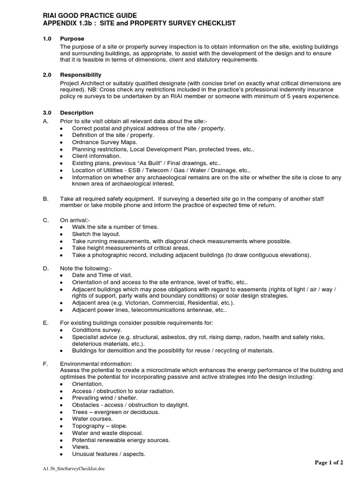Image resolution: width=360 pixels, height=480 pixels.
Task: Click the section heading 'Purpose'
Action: click(x=72, y=38)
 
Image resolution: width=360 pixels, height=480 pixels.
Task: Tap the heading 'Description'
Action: click(x=76, y=112)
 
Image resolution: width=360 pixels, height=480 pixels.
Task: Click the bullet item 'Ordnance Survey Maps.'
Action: click(x=105, y=142)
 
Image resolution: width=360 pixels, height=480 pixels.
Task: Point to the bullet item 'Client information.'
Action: click(x=96, y=156)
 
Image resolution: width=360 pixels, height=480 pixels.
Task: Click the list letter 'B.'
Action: click(x=45, y=199)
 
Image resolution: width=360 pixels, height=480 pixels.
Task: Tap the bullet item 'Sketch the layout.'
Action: click(x=96, y=233)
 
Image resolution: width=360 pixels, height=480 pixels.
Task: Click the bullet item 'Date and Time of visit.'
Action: click(x=102, y=275)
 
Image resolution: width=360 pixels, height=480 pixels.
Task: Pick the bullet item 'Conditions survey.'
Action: click(x=97, y=330)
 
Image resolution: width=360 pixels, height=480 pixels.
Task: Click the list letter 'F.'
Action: click(x=45, y=364)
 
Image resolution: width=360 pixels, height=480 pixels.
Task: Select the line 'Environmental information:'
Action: click(x=96, y=364)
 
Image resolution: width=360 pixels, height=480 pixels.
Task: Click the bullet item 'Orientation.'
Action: click(x=88, y=384)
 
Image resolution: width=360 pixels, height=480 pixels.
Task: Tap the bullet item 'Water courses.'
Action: click(x=92, y=419)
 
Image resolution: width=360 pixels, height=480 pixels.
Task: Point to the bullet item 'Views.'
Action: click(x=81, y=447)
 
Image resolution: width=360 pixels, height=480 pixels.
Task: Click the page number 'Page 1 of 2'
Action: click(x=329, y=463)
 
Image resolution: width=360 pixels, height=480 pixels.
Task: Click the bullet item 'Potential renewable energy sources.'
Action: click(x=121, y=440)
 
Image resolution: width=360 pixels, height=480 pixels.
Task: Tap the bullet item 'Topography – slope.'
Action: click(x=98, y=426)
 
